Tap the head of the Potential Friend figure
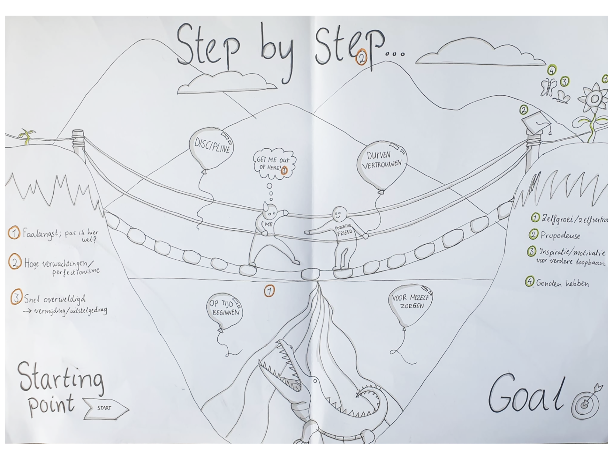[x=339, y=213]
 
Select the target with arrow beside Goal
[x=586, y=403]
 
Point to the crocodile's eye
[x=315, y=381]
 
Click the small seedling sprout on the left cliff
[x=27, y=136]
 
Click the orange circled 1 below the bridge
[x=269, y=291]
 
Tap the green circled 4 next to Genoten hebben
[x=530, y=282]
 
